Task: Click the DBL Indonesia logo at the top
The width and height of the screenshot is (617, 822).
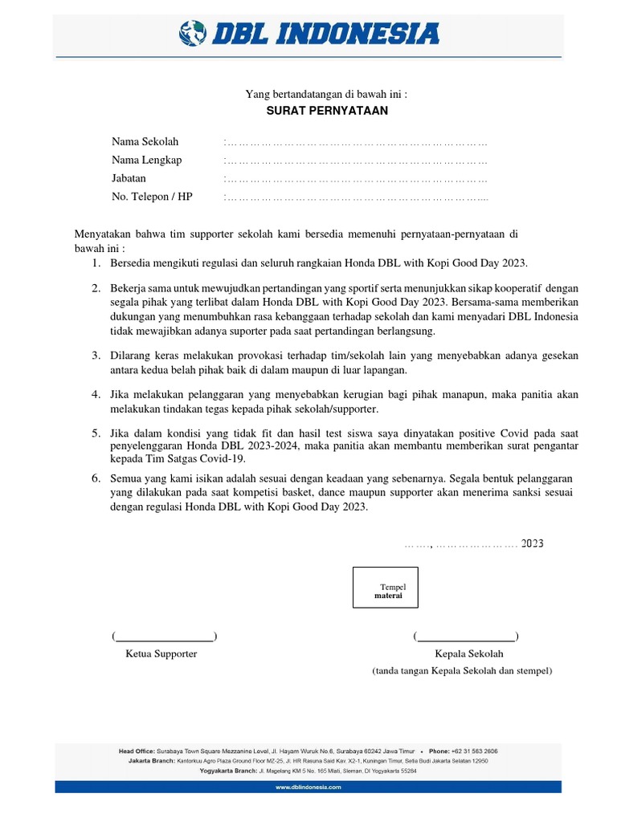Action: pos(308,35)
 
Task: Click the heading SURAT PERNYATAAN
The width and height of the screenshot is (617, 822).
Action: pos(327,111)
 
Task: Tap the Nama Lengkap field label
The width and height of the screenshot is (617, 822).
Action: pos(146,160)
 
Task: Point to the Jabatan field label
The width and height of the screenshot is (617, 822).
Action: pos(129,177)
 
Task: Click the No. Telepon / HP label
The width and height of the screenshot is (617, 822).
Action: pos(152,196)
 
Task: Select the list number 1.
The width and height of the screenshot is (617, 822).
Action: pos(95,263)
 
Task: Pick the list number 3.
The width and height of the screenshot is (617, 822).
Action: pos(95,355)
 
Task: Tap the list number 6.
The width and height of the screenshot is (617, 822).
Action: pos(95,478)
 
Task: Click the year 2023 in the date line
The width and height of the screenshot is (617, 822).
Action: pos(532,543)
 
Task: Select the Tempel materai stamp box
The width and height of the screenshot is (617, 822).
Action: pos(387,587)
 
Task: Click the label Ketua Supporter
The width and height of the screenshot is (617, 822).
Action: pos(161,653)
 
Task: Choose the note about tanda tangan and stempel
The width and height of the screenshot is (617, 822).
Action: pos(462,670)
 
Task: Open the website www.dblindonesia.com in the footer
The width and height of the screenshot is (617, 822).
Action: pos(308,787)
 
